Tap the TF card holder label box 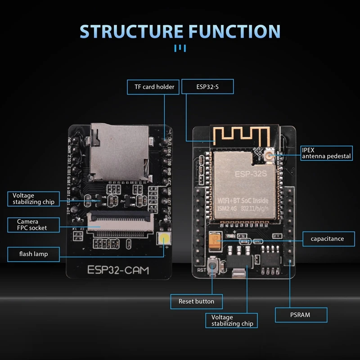[x=154, y=86]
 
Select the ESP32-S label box [x=208, y=86]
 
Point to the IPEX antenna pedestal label [x=326, y=153]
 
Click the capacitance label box [x=327, y=238]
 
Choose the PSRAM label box [x=301, y=315]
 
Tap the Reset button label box [x=196, y=301]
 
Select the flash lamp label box [x=33, y=254]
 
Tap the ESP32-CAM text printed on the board [x=117, y=270]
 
